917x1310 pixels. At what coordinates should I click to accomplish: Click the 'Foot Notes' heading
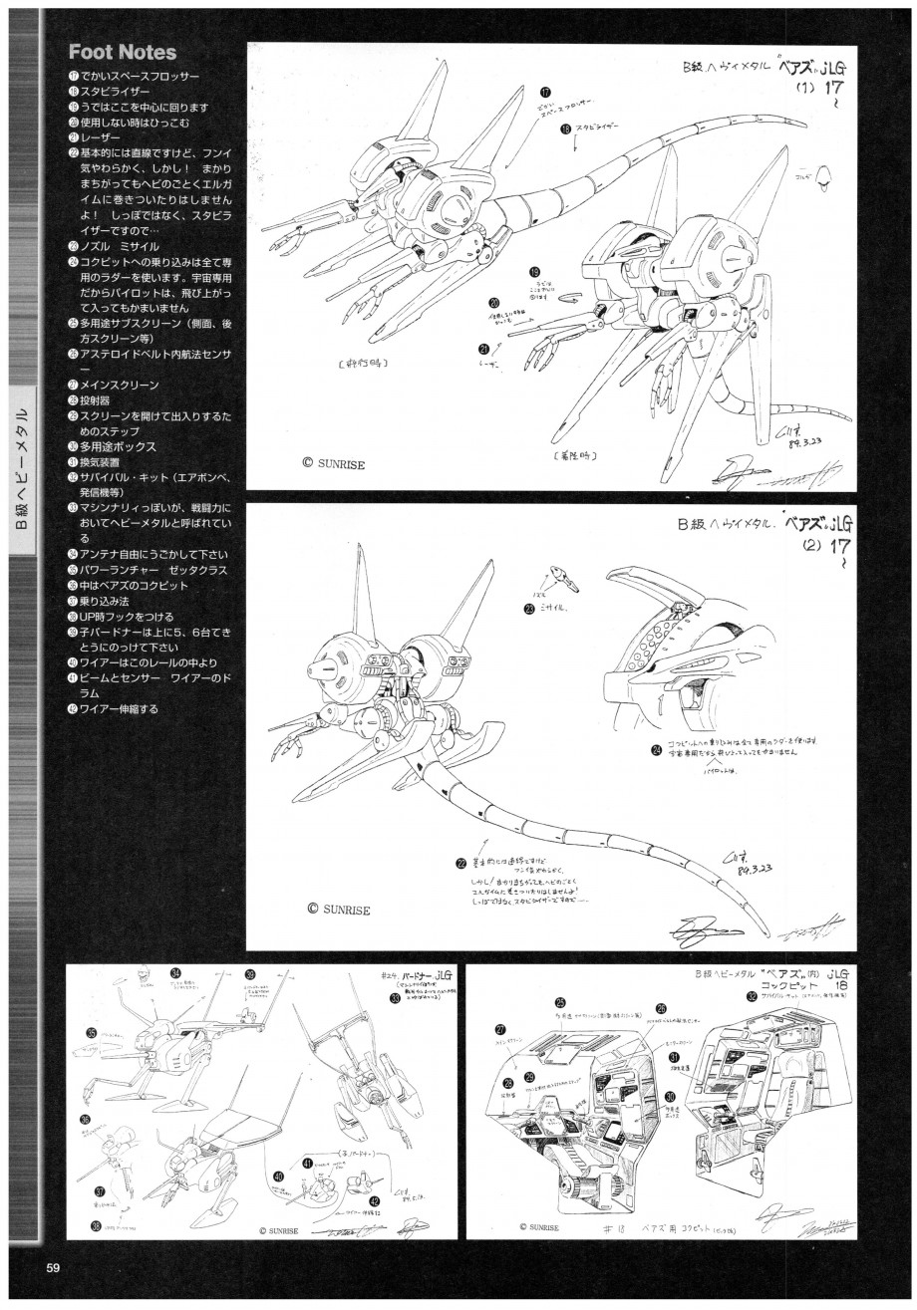(122, 52)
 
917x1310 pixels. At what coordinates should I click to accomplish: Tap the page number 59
(54, 1267)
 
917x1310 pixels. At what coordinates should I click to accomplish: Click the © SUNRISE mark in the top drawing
(338, 463)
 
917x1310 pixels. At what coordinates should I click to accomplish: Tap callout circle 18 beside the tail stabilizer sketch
(565, 129)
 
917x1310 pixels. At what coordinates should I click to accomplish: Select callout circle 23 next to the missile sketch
(529, 607)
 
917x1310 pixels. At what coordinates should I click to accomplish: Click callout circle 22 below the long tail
(460, 863)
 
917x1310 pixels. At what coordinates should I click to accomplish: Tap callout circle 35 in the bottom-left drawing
(92, 1033)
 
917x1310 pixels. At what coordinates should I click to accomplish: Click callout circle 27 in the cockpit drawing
(500, 1030)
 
